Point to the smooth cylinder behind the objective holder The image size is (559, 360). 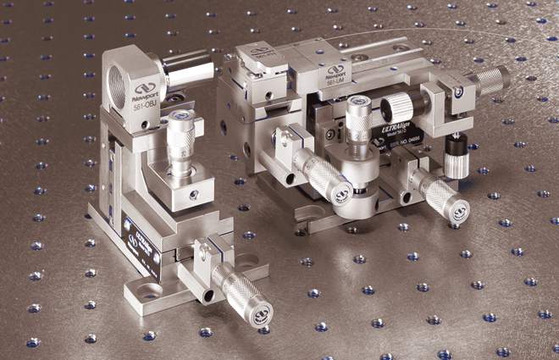click(187, 68)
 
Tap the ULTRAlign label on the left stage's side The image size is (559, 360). click(141, 242)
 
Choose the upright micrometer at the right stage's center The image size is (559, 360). click(359, 127)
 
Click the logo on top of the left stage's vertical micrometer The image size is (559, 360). click(180, 117)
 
